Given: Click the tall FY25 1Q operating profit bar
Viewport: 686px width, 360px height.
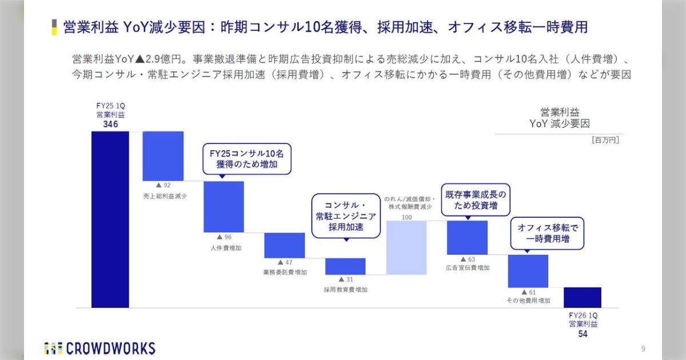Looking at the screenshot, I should click(110, 219).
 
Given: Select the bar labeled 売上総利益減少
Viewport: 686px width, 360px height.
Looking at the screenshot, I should click(163, 155).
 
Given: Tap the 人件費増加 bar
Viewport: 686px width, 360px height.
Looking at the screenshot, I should click(224, 206).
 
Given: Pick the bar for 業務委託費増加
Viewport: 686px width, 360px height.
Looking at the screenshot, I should click(284, 245).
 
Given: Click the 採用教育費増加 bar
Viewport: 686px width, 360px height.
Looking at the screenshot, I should click(345, 266).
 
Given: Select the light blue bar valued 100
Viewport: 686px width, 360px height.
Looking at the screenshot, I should click(406, 247).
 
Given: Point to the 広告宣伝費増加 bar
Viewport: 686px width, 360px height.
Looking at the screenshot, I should click(467, 237).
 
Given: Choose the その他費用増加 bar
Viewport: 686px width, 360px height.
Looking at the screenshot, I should click(528, 271).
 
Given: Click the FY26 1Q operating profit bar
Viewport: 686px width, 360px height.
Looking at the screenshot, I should click(583, 297).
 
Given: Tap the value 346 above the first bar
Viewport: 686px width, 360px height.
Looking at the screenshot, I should click(110, 124).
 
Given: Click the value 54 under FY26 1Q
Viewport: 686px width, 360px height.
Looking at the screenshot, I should click(583, 334).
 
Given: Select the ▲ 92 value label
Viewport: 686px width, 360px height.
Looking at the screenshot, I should click(163, 186).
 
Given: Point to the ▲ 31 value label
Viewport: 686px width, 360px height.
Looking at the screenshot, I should click(345, 279).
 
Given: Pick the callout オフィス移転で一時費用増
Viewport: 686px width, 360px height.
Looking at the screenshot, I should click(548, 233).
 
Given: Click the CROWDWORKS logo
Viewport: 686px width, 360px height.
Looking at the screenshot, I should click(99, 348).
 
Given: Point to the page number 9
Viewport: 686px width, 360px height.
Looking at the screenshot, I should click(643, 349).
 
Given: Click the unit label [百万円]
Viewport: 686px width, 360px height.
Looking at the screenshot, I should click(605, 139).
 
